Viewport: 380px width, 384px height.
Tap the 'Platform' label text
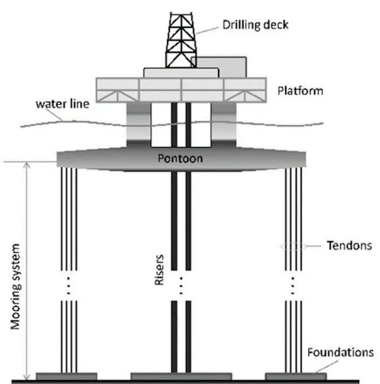coord(300,91)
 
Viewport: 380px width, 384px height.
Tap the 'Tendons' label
coord(347,246)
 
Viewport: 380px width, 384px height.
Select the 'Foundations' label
coord(339,353)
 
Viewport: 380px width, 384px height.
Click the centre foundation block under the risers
coord(180,375)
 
